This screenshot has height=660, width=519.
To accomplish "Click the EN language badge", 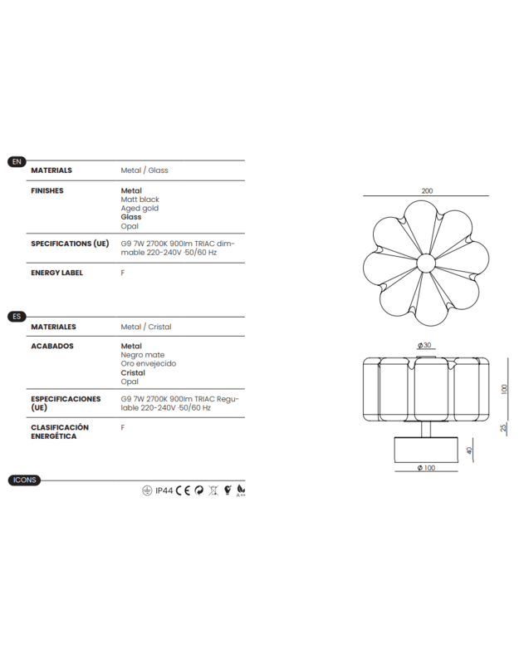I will tap(17, 160).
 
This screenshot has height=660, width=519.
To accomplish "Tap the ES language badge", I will tap(17, 317).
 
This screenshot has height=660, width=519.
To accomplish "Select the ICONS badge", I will tap(24, 480).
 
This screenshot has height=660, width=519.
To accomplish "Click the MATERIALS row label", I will tap(51, 170).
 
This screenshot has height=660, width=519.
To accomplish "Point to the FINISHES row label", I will tap(47, 190).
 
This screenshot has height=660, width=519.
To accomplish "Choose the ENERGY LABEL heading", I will tap(57, 273).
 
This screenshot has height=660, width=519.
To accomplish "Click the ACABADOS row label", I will tap(52, 346).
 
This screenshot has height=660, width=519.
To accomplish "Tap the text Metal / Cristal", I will tap(146, 328).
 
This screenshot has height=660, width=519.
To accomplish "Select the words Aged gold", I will tap(140, 209).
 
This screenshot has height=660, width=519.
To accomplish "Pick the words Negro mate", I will tap(143, 355).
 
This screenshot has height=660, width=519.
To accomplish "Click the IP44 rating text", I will tap(164, 490).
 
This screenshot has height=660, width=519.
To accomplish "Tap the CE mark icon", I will tap(184, 490).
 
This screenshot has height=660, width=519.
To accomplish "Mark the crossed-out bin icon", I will tap(213, 490).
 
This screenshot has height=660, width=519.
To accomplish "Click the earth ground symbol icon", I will tap(147, 490).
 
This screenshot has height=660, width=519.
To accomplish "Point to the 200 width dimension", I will tap(427, 191).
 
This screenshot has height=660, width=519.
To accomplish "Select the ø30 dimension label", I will tap(426, 346).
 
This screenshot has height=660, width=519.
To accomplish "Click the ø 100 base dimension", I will tap(426, 469).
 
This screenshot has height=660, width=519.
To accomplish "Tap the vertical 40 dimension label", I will tap(469, 451).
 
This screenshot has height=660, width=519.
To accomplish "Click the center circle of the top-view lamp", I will tap(427, 264).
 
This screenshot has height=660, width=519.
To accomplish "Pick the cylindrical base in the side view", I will tap(426, 450).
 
